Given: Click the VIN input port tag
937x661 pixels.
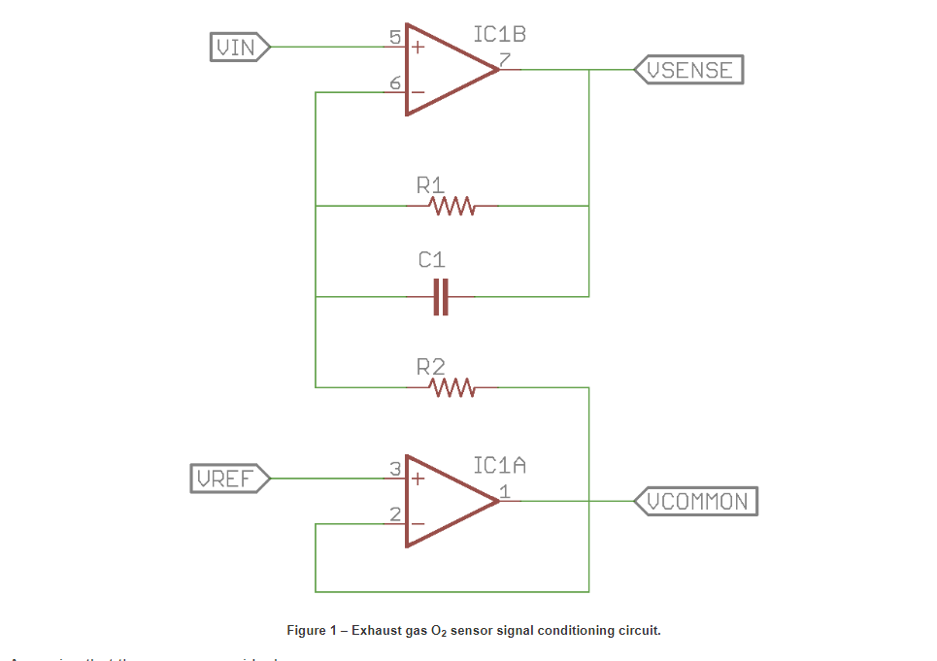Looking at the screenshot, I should pyautogui.click(x=239, y=47).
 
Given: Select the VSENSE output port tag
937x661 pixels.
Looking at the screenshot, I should pyautogui.click(x=688, y=70).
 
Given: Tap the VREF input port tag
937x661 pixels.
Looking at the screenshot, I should pyautogui.click(x=229, y=479).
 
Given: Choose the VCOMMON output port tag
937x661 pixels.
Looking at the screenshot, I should pyautogui.click(x=695, y=501).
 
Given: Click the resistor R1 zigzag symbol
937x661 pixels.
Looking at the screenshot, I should pyautogui.click(x=452, y=206).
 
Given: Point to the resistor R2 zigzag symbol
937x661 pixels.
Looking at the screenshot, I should pyautogui.click(x=452, y=387).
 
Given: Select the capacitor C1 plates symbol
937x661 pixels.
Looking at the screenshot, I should pyautogui.click(x=441, y=296).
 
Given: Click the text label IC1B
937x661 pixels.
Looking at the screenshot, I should pyautogui.click(x=499, y=35).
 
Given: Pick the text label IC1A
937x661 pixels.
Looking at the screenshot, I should pyautogui.click(x=499, y=466).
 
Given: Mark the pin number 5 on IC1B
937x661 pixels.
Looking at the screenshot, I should pyautogui.click(x=395, y=39).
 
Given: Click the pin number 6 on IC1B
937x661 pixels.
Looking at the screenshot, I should pyautogui.click(x=395, y=83).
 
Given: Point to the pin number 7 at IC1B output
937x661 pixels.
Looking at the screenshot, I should pyautogui.click(x=505, y=61).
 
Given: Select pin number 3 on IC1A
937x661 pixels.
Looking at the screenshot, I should pyautogui.click(x=395, y=470).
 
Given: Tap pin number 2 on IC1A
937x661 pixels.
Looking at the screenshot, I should pyautogui.click(x=395, y=514).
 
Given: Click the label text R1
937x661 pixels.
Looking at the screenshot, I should pyautogui.click(x=430, y=184).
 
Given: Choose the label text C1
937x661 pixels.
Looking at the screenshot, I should pyautogui.click(x=432, y=260).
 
